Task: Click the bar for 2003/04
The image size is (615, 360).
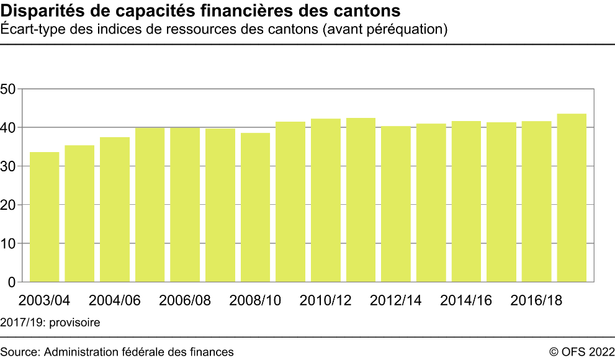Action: pos(44,217)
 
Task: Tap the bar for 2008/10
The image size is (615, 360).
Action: pos(256,207)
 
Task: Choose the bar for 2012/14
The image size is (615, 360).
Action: pos(396,204)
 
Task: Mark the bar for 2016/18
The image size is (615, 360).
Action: pos(537,202)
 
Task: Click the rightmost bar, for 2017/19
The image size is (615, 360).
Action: pos(572,198)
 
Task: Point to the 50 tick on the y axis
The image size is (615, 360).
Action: pos(8,89)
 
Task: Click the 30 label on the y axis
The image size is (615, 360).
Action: pos(8,166)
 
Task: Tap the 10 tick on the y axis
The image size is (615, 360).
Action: pos(8,243)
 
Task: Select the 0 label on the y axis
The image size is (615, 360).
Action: pos(12,282)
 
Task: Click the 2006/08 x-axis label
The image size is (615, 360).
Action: pos(185,301)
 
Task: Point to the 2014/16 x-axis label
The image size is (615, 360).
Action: pos(466,301)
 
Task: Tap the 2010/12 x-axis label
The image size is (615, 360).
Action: pos(326,301)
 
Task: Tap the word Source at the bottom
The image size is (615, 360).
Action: pos(19,352)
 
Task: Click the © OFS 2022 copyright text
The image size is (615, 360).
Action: pos(581,352)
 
